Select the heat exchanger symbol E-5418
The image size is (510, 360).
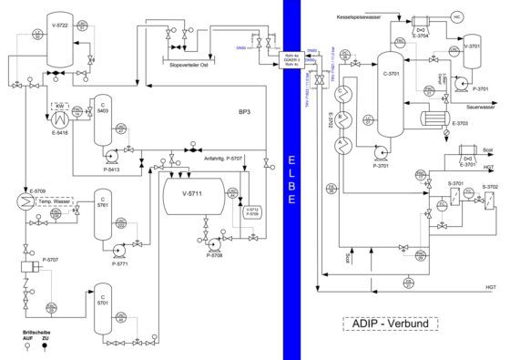[62, 117]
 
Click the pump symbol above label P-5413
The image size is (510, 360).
[115, 152]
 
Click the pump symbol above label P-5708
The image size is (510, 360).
[212, 244]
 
